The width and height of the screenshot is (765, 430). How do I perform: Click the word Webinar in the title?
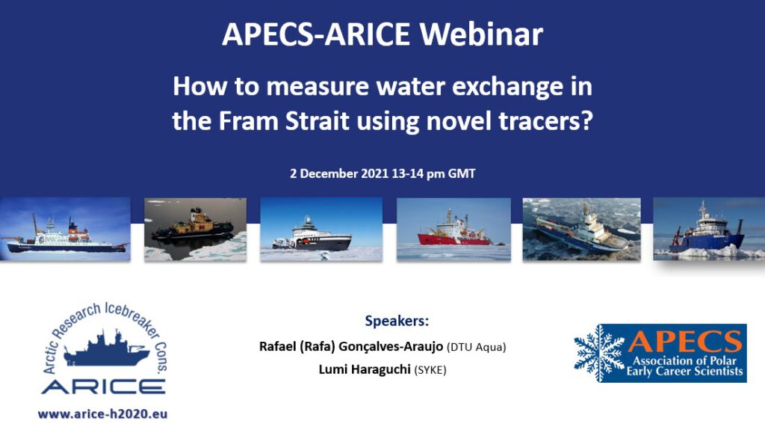point(481,34)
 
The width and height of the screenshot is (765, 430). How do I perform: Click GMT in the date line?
point(462,173)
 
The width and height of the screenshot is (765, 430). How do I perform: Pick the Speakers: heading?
point(397,321)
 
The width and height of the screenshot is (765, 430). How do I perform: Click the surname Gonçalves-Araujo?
point(390,347)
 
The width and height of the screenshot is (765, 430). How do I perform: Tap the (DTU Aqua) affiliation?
point(476,347)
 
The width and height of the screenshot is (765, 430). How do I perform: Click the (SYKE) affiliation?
point(430,370)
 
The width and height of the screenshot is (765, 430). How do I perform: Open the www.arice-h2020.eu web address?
point(102,414)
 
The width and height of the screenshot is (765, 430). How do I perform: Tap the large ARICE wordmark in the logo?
point(103,387)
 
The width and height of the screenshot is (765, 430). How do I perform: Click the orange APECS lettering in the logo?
point(685,341)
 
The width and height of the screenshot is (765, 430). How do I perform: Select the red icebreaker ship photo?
point(453,229)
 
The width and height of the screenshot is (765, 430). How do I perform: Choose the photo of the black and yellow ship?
point(195,229)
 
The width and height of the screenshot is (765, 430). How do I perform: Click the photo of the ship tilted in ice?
point(581,229)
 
